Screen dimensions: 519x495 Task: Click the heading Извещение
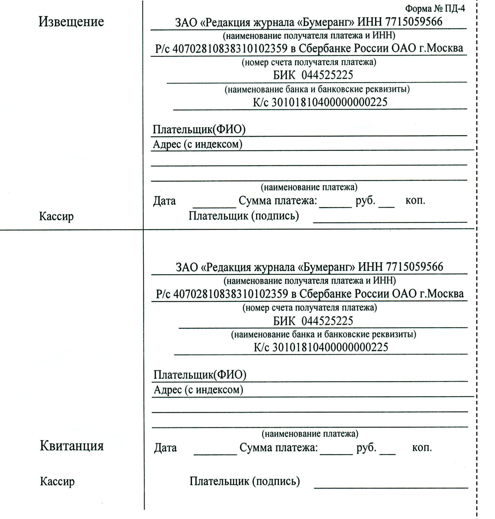point(71,22)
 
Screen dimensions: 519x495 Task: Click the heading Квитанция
point(72,446)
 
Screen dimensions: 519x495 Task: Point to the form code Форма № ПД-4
point(435,9)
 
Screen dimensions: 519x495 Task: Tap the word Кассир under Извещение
point(56,216)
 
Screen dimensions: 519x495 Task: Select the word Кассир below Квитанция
point(57,481)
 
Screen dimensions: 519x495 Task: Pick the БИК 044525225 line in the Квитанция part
point(313,321)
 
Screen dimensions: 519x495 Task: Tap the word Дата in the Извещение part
point(164,201)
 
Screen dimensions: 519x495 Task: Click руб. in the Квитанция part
point(366,448)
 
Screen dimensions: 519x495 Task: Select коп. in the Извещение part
point(415,200)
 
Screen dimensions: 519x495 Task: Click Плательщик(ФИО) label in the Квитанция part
point(200,375)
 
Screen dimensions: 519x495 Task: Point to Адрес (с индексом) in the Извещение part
point(198,145)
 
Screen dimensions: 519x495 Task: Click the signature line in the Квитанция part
point(391,487)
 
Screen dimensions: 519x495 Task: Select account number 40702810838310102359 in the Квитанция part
point(231,294)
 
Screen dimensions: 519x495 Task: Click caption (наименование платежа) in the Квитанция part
point(310,433)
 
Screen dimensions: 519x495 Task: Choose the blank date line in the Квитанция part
point(215,454)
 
